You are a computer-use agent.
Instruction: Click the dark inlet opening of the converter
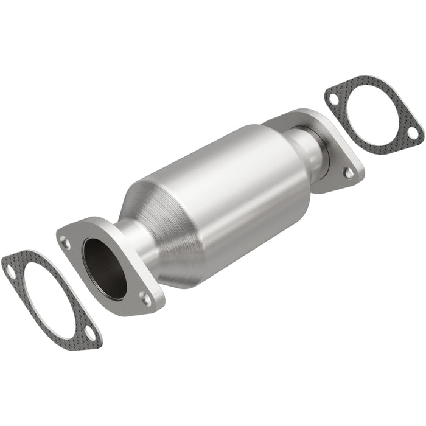(105, 267)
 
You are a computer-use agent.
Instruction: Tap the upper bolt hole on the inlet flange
(66, 243)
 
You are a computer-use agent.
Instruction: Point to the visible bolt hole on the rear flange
(348, 173)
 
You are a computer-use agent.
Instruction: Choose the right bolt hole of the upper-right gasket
(412, 132)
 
